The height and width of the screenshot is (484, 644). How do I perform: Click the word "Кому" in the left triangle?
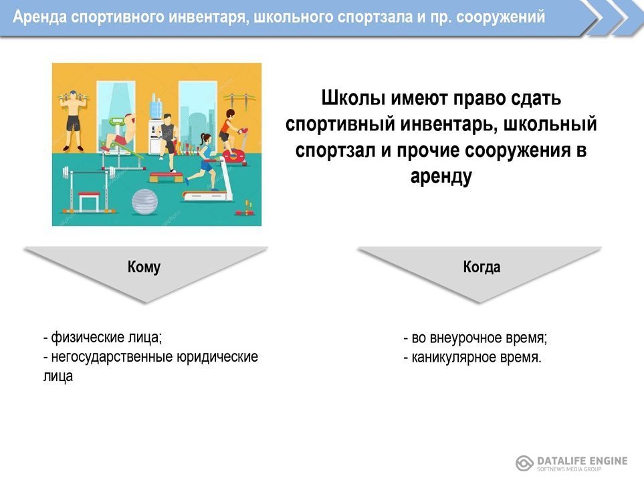(144, 267)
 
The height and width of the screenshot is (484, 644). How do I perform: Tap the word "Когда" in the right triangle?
(481, 267)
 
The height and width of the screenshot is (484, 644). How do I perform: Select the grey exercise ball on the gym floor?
(144, 201)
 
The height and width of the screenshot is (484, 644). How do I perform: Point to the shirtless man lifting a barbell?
(74, 120)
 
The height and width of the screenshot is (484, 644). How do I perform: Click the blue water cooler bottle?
(156, 108)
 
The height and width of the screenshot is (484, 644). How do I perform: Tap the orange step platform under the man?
(166, 177)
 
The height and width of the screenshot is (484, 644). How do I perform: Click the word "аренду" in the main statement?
(441, 176)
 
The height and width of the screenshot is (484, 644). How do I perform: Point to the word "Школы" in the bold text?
(353, 98)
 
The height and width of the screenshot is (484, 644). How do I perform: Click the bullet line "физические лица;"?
(103, 337)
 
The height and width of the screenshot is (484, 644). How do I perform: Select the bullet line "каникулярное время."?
(472, 357)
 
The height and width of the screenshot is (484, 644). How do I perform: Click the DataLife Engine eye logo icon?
(524, 463)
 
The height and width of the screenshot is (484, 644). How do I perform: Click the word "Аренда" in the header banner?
(39, 17)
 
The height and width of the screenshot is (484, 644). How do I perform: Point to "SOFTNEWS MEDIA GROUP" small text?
(569, 469)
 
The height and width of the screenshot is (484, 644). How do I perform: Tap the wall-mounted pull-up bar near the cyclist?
(239, 100)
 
